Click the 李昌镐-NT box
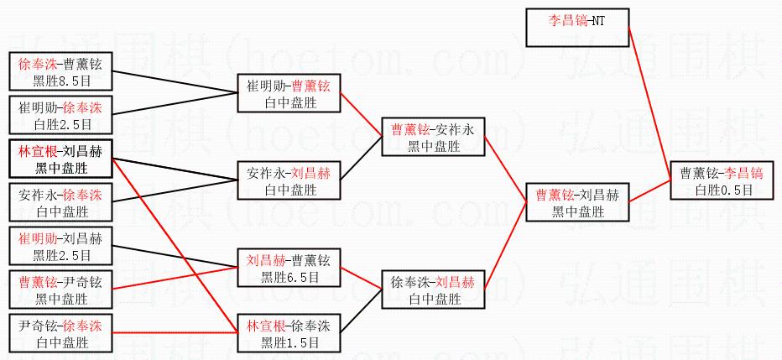coord(576,28)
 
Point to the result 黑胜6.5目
coord(289,277)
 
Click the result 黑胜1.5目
coord(289,342)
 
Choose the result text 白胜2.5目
coord(61,124)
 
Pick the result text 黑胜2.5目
coord(61,255)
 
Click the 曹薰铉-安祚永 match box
coord(433,138)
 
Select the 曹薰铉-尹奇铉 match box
coord(60,290)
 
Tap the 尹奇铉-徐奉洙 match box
coord(60,334)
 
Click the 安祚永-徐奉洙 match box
coord(60,203)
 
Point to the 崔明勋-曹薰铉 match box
coord(289,94)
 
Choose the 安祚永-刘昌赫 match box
coord(289,181)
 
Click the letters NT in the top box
coord(596,20)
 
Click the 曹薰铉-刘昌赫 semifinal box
coord(576,203)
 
